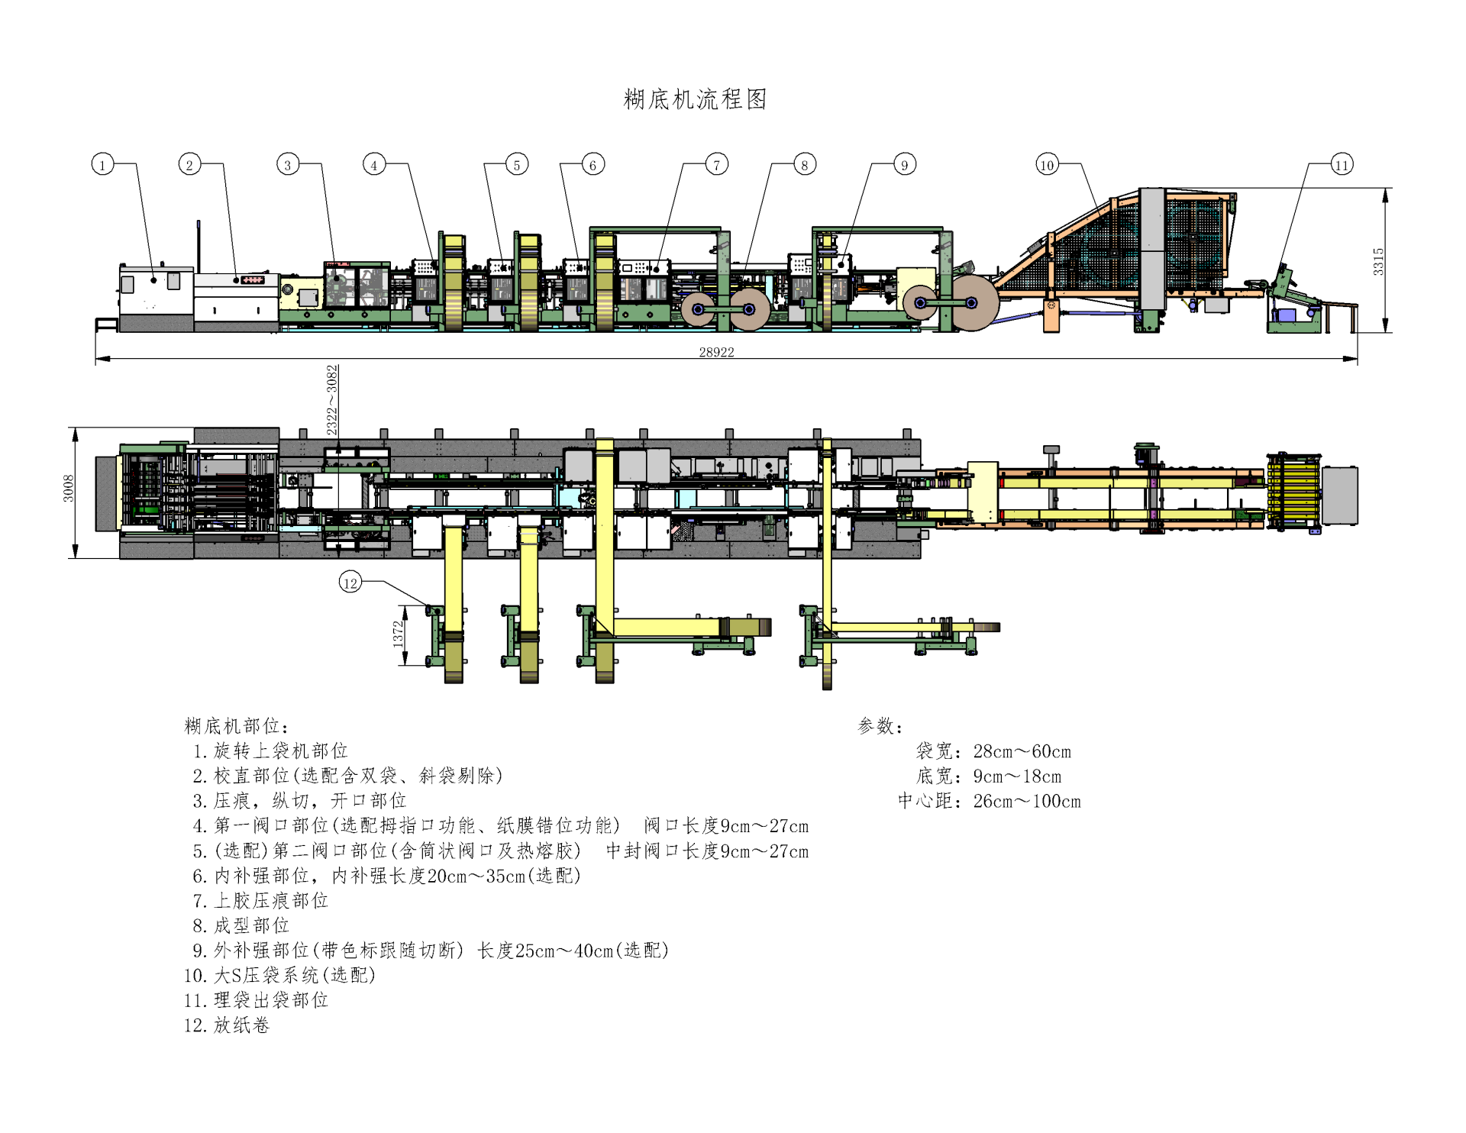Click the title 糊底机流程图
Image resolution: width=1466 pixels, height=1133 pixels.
tap(695, 99)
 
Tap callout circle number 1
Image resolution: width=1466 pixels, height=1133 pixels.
tap(102, 164)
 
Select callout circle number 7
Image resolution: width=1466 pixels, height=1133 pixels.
tap(716, 164)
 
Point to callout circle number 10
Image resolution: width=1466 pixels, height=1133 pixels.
tap(1047, 164)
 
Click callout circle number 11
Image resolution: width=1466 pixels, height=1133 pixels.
tap(1342, 164)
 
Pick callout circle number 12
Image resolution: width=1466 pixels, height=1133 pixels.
tap(350, 583)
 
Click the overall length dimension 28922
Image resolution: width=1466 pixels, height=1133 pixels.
tap(716, 352)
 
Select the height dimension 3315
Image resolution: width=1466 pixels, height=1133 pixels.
tap(1378, 261)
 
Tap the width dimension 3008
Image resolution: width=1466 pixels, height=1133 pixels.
tap(69, 489)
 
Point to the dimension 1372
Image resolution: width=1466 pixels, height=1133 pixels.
tap(398, 634)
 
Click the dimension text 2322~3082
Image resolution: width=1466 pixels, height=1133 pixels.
tap(332, 400)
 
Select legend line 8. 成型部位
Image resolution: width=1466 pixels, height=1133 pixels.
tap(241, 926)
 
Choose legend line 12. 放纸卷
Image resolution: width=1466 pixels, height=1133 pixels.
tap(227, 1025)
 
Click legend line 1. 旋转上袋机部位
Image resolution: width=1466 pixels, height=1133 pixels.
tap(270, 751)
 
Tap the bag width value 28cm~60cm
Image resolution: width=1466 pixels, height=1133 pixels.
tap(1022, 752)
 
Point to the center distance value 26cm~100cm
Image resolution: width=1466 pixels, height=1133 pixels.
tap(1027, 802)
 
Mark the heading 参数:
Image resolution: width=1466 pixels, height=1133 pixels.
tap(880, 726)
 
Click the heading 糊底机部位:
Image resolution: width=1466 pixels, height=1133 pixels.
tap(237, 726)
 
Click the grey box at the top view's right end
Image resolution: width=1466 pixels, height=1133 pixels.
tap(1340, 495)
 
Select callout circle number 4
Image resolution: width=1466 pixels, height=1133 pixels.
tap(374, 164)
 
